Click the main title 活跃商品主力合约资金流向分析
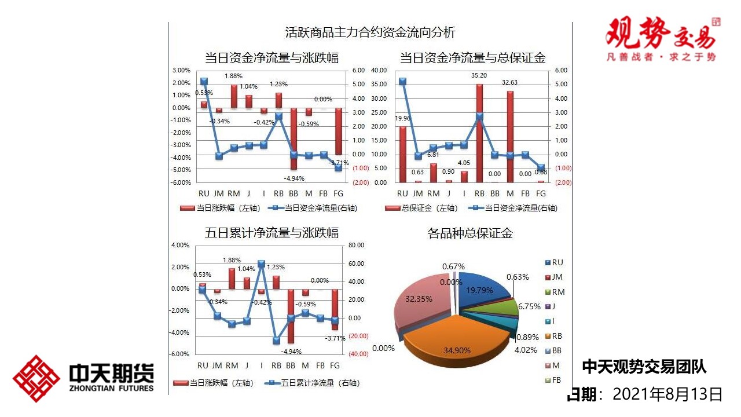pos(370,32)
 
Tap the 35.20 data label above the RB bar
pos(479,75)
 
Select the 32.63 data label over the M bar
pos(509,83)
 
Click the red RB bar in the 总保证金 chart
pos(479,133)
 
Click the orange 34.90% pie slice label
pos(457,350)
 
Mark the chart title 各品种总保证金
pos(470,233)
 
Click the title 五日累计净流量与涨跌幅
pos(272,233)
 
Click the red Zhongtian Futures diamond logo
pos(36,378)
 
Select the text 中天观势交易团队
pos(644,367)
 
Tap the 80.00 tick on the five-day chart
pos(356,246)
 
